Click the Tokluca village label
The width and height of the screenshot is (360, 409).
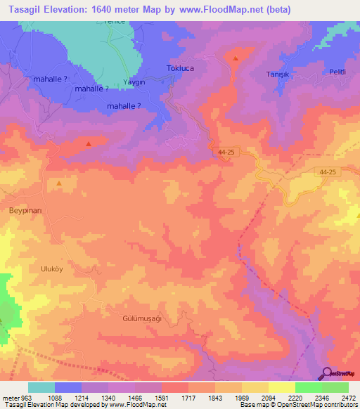pyautogui.click(x=183, y=68)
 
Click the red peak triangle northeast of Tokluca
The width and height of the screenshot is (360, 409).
pyautogui.click(x=236, y=59)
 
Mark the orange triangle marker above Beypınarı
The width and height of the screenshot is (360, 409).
pyautogui.click(x=59, y=183)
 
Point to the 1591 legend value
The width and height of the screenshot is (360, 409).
pyautogui.click(x=162, y=398)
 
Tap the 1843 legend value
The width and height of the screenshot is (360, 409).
pyautogui.click(x=214, y=398)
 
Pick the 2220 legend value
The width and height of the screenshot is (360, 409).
pyautogui.click(x=295, y=398)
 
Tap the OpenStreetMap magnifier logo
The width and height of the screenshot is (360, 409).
pyautogui.click(x=328, y=373)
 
